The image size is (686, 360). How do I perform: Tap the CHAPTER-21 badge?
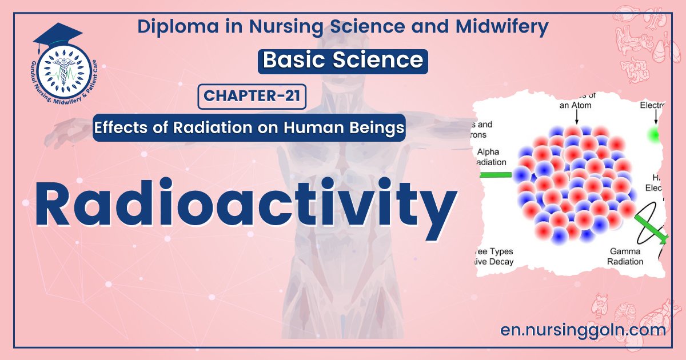point(252,97)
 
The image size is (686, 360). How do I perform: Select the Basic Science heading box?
point(342,61)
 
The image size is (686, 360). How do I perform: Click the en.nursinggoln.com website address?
point(583,330)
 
